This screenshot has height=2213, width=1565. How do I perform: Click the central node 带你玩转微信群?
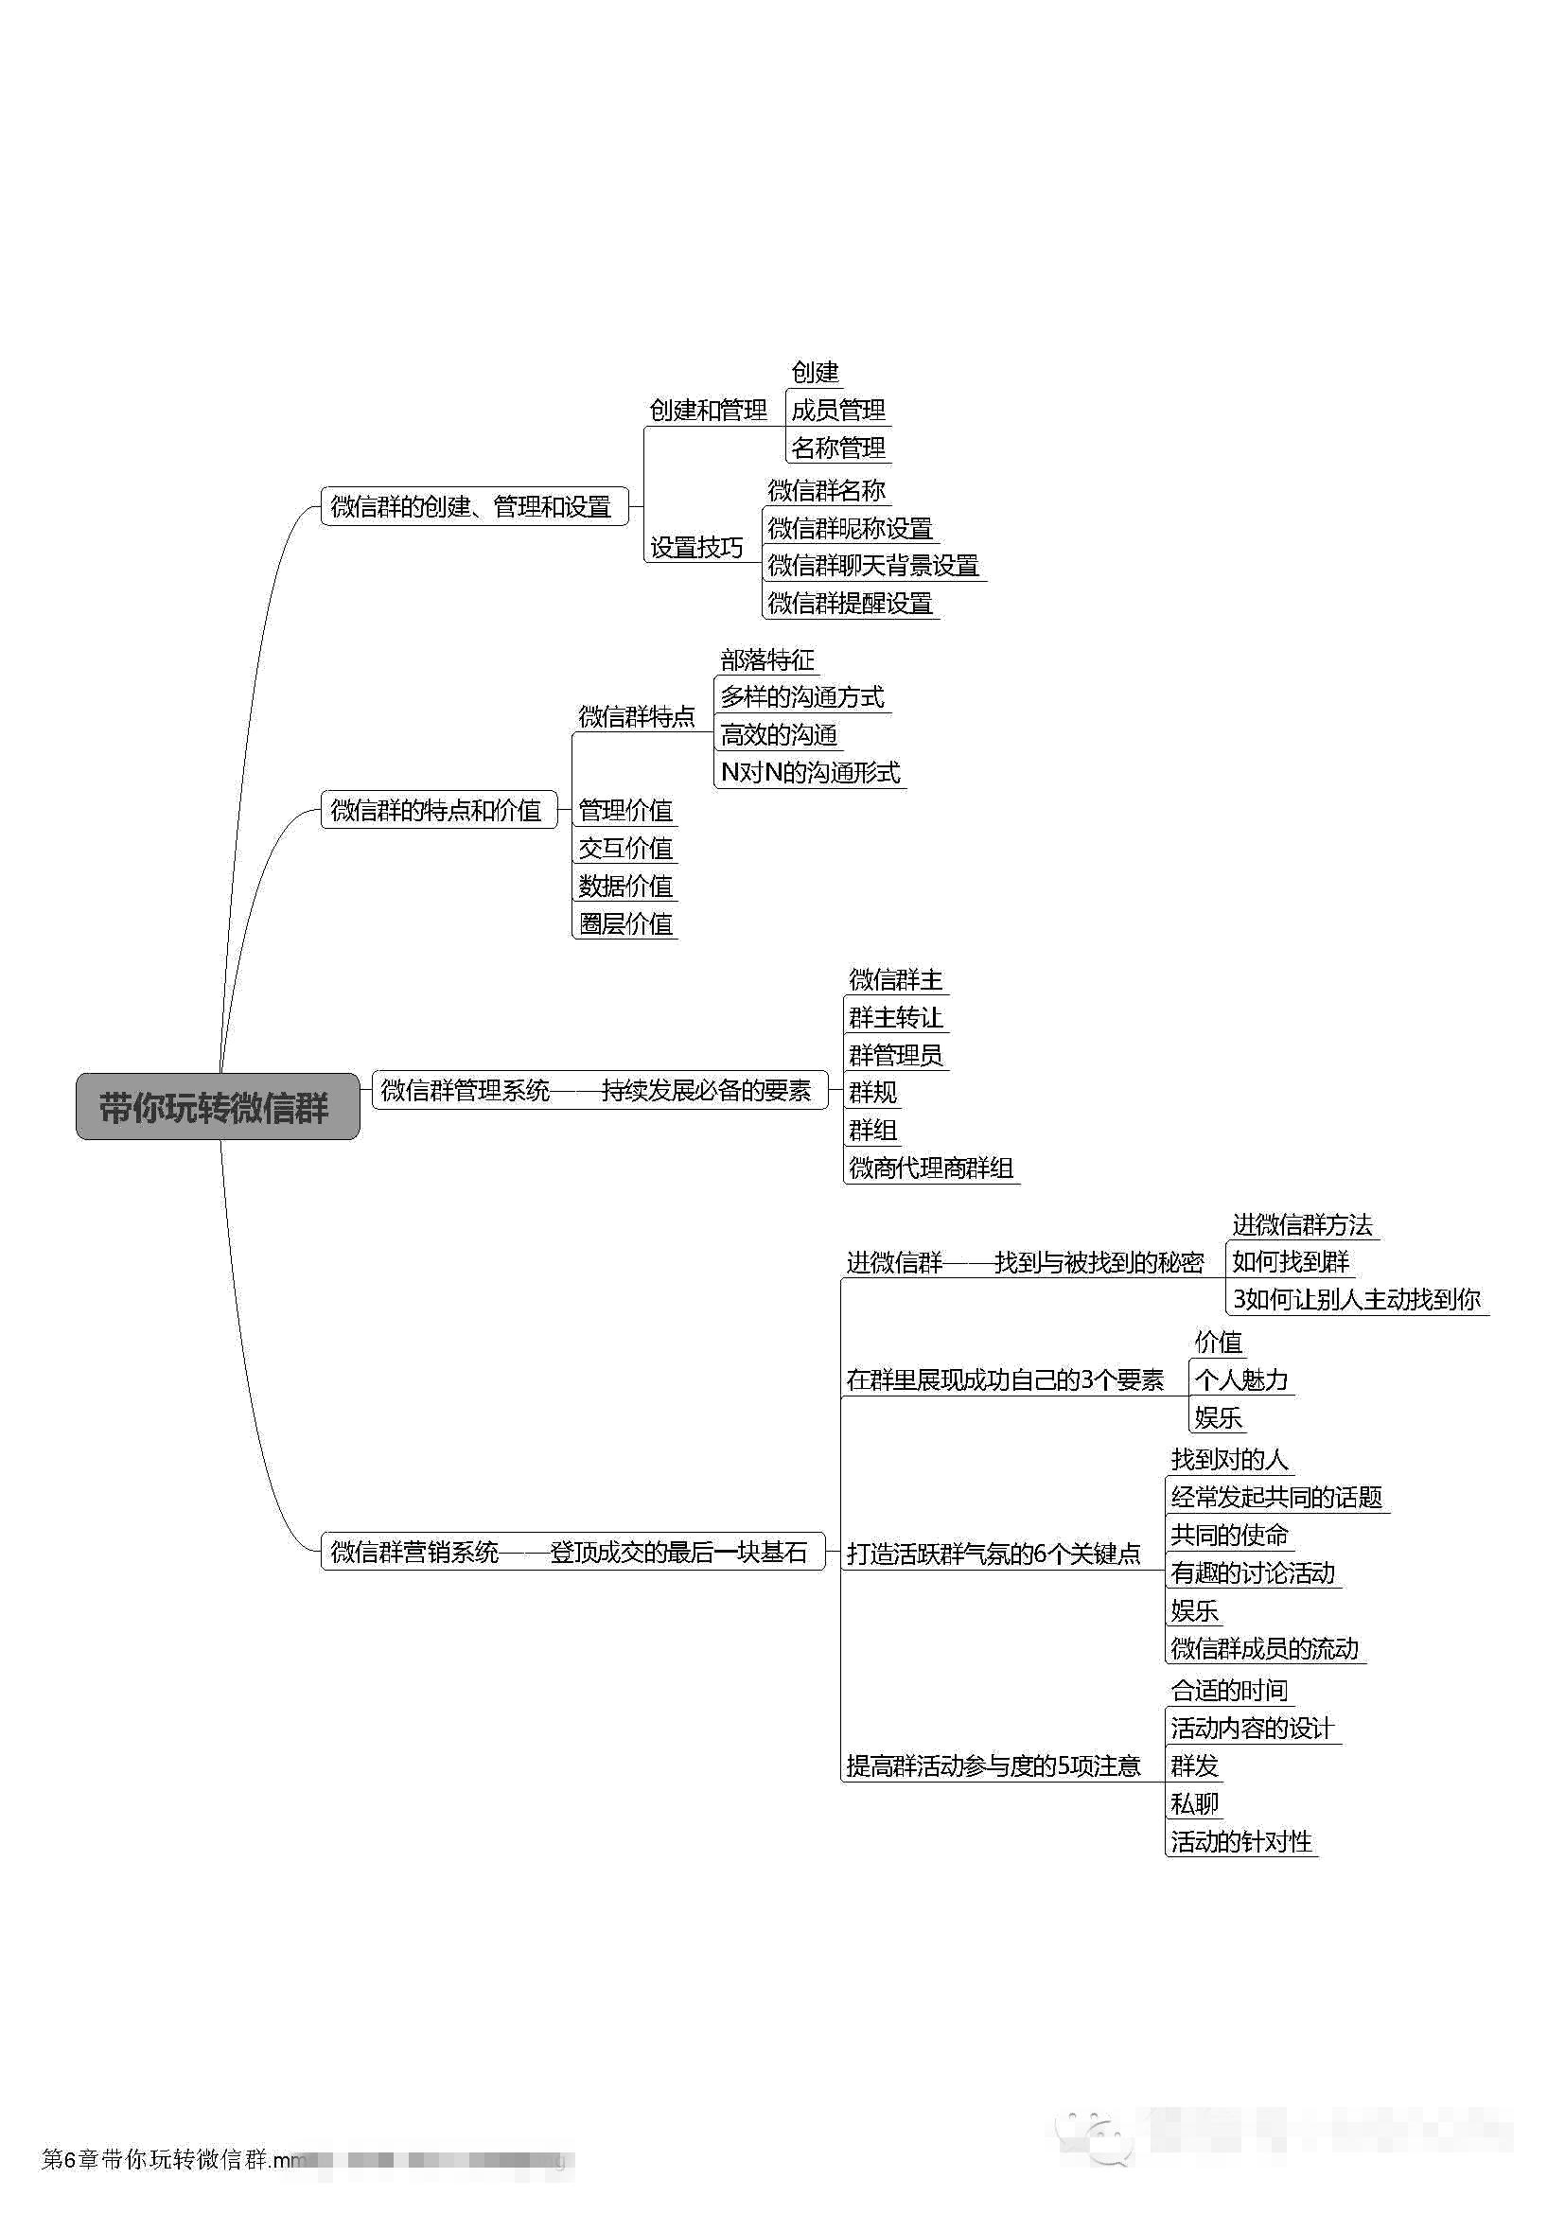217,1108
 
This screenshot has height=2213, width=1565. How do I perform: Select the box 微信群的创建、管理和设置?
473,507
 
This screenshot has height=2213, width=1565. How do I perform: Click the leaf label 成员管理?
837,411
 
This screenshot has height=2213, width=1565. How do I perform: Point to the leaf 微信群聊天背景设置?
873,566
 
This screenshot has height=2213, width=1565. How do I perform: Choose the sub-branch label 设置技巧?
695,548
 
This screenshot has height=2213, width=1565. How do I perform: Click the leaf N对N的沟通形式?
810,773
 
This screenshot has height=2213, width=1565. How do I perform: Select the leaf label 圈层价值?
624,923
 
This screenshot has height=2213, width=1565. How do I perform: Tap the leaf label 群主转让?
895,1018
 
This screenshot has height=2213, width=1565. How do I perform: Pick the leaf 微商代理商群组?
931,1168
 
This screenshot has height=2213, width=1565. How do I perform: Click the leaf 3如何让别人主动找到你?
1356,1299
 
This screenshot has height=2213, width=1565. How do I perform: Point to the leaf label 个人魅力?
1241,1380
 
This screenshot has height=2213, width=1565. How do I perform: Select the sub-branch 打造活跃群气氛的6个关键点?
994,1553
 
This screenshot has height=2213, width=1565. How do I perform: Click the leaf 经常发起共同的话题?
1275,1497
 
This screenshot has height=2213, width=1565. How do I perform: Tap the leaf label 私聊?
1194,1803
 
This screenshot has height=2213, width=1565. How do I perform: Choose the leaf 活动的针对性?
1241,1842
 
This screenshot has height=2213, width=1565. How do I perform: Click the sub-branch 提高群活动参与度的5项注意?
994,1765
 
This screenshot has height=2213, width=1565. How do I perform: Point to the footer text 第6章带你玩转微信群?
154,2159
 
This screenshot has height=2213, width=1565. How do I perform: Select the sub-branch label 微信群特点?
636,717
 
